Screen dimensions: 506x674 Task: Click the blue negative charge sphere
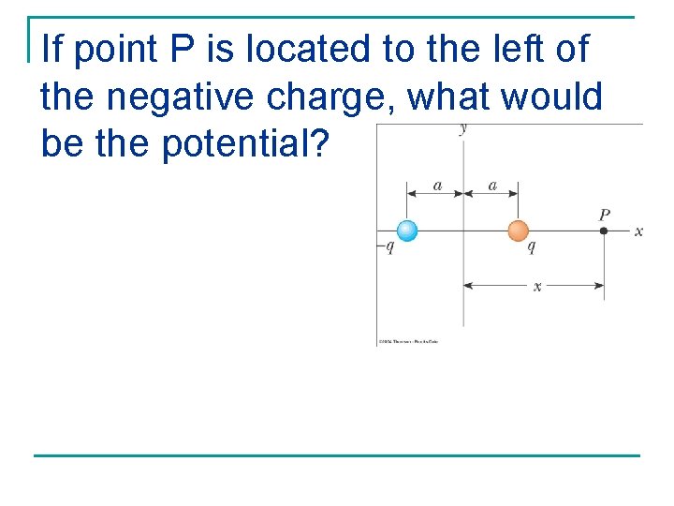(x=407, y=231)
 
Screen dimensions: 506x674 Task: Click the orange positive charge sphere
(x=518, y=231)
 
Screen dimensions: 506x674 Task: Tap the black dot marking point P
(x=604, y=231)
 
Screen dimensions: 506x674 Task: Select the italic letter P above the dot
(x=605, y=216)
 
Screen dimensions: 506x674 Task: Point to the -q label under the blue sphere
(x=386, y=247)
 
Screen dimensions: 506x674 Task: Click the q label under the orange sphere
(x=532, y=247)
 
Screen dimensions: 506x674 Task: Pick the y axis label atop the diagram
(x=463, y=128)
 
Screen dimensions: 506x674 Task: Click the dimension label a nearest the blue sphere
(x=437, y=186)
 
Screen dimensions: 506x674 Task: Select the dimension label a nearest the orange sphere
(x=492, y=186)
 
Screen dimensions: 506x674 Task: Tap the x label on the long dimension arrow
(x=536, y=286)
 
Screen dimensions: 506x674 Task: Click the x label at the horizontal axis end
(x=638, y=231)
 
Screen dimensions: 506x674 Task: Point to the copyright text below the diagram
(x=408, y=341)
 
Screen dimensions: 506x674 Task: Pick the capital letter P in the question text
(x=184, y=50)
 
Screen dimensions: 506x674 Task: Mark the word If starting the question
(x=53, y=50)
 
